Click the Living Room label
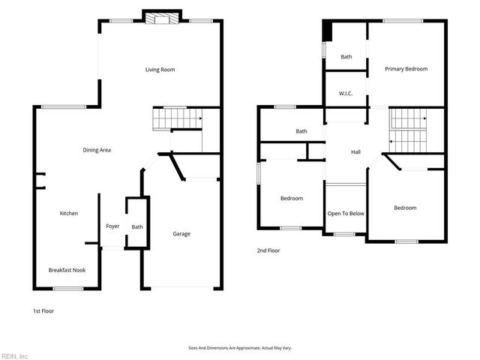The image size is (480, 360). coord(160,70)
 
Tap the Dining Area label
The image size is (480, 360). coord(97,150)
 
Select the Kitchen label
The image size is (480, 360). coord(69,214)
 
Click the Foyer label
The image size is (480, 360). coord(112,226)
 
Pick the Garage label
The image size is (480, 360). coord(181,233)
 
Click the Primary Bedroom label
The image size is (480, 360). coord(406,69)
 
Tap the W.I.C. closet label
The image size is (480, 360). coord(346,94)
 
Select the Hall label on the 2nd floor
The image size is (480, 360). coord(356,152)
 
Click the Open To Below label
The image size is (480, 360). coord(346,214)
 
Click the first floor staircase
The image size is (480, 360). coord(178,118)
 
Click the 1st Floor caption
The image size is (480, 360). coord(43,310)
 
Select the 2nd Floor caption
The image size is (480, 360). coord(268,250)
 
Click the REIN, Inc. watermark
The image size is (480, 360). coord(15,355)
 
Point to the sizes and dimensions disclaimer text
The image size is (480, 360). coord(239,348)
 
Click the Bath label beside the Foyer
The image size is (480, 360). coord(137,226)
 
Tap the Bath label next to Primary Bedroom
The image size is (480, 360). coord(346,57)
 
